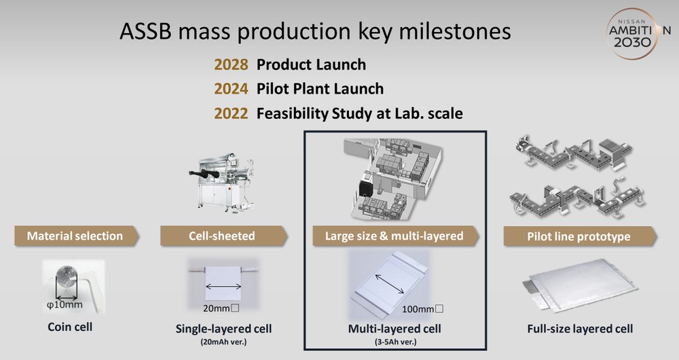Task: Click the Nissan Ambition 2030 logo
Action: (638, 33)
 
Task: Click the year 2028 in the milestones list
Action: (231, 65)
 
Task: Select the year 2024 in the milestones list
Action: (231, 89)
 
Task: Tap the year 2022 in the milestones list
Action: (231, 113)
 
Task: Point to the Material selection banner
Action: (77, 236)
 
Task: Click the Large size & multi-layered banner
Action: (395, 236)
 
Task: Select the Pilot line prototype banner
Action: (580, 236)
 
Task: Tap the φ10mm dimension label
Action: (65, 304)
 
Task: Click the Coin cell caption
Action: (70, 327)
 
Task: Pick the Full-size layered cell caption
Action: (580, 329)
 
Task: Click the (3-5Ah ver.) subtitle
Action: (395, 342)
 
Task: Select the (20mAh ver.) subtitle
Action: (223, 342)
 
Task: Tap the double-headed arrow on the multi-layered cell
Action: (390, 284)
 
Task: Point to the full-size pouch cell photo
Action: (581, 286)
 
